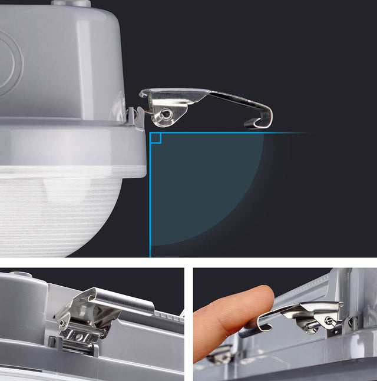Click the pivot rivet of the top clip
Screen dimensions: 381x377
coord(167,113)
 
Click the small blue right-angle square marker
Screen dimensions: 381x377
coord(156,138)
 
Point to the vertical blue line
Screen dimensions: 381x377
coord(150,200)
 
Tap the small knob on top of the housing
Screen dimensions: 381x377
coord(71,3)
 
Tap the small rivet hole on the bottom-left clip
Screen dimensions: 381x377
coord(61,323)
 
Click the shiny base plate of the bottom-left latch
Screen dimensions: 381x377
coord(80,336)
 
